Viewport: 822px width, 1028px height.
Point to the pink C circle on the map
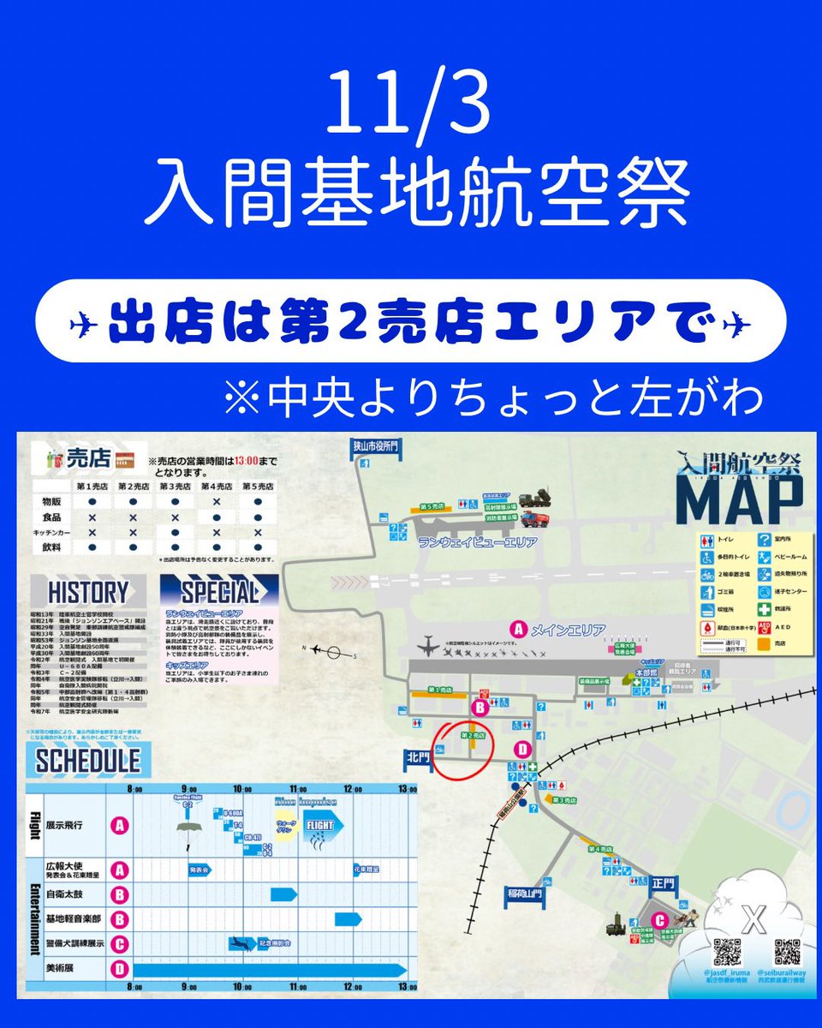pos(658,921)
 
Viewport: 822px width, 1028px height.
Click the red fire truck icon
pos(533,519)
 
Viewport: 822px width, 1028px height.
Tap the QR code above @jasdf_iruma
pos(726,952)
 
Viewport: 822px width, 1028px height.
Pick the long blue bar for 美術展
pos(269,970)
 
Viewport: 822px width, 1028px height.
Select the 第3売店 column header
pos(175,486)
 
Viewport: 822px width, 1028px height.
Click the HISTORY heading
pos(88,592)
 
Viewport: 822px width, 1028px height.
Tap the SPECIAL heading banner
pos(220,592)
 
